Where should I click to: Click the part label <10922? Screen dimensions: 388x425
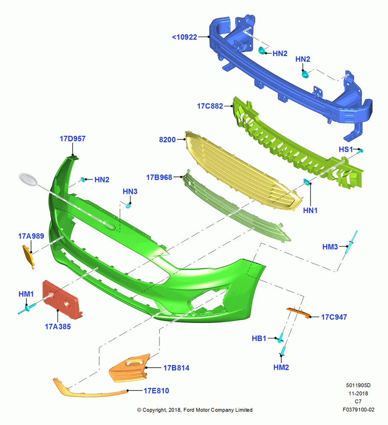pos(185,37)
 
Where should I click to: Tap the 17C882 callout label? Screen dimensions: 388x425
pos(210,106)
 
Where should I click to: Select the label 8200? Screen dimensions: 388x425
pos(167,139)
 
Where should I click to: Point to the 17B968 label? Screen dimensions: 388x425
pos(159,177)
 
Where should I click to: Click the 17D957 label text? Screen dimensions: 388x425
pos(73,139)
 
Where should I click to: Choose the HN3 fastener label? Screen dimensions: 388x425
pos(130,192)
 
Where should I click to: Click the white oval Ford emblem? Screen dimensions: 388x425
pos(28,179)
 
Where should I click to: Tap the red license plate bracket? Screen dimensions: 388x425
pos(62,300)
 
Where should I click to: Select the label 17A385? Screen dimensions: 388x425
pos(58,326)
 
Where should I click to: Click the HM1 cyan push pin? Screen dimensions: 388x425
pos(27,309)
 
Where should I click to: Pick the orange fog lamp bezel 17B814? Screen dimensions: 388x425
pos(130,368)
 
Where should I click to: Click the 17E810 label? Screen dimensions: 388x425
pos(156,391)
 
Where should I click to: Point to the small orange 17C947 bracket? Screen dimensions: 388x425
pos(298,312)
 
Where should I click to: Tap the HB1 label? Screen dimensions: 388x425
pos(259,339)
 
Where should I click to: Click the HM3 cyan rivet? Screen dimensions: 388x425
pos(352,242)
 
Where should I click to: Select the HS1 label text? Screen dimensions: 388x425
pos(346,149)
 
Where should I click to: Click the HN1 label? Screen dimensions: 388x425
pos(310,210)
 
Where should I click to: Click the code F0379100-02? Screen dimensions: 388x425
pos(358,410)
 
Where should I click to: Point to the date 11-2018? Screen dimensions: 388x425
pos(358,394)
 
